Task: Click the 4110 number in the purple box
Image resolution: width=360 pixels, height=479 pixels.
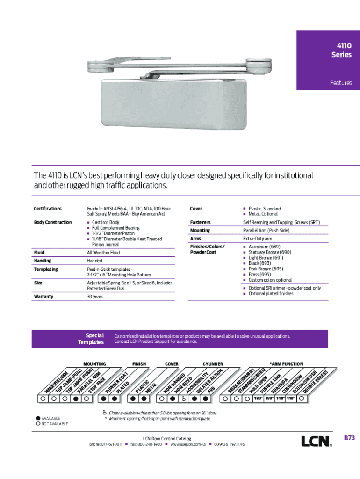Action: point(344,46)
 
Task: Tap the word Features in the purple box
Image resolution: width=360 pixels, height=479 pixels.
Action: point(341,83)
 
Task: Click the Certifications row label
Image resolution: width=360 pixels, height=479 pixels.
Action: point(47,209)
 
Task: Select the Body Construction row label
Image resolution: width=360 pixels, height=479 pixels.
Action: point(52,222)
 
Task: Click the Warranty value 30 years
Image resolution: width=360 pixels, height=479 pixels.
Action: point(95,297)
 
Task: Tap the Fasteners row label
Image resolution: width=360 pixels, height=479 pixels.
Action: point(200,222)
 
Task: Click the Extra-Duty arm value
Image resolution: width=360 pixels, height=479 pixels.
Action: point(258,239)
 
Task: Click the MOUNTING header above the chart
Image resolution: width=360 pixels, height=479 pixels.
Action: point(94,364)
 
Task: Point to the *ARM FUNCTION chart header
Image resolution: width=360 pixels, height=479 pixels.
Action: point(286,364)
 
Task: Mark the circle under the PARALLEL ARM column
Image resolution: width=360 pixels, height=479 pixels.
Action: point(76,399)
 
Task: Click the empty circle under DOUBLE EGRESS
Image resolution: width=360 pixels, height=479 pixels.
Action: point(303,399)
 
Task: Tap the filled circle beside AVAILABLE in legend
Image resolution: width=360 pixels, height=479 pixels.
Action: point(37,418)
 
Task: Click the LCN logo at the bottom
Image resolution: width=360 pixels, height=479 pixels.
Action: point(316,441)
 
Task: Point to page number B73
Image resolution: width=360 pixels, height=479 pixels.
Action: point(350,438)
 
